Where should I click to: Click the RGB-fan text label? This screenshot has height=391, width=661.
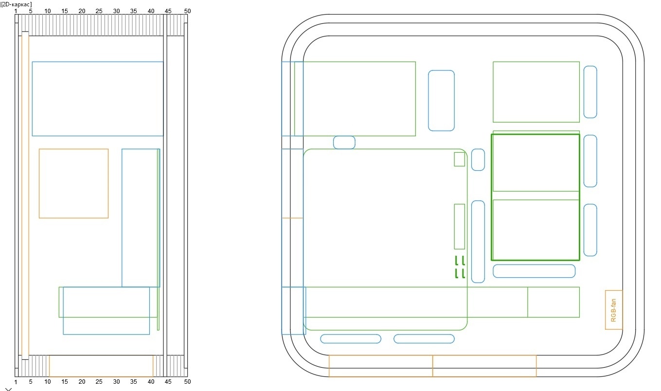(613, 310)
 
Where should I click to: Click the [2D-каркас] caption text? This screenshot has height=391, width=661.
(16, 4)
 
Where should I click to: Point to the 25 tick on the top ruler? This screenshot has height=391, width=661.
(99, 11)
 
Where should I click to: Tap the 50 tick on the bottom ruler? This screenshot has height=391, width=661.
(187, 382)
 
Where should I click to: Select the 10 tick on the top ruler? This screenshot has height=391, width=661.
(47, 11)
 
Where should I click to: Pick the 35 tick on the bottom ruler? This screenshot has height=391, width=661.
(133, 382)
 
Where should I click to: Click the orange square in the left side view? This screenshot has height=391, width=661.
(73, 183)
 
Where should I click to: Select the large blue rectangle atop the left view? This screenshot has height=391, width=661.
(97, 99)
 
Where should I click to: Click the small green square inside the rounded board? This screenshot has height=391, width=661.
(459, 159)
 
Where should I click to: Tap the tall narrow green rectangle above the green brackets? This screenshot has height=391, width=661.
(459, 226)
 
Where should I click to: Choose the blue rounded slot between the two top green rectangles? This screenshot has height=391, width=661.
(441, 101)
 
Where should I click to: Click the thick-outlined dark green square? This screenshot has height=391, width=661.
(535, 197)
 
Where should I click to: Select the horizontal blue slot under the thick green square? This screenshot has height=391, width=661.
(534, 271)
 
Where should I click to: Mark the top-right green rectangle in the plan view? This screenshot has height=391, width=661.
(536, 92)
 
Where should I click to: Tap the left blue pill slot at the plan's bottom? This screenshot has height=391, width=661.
(350, 338)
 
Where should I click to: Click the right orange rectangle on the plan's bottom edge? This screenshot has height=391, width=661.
(484, 366)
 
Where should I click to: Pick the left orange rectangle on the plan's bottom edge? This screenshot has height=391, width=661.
(380, 366)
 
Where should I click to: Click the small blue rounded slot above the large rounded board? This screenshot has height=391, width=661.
(344, 142)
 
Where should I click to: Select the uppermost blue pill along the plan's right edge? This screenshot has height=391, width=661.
(590, 92)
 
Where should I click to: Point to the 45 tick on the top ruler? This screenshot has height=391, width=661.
(168, 11)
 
